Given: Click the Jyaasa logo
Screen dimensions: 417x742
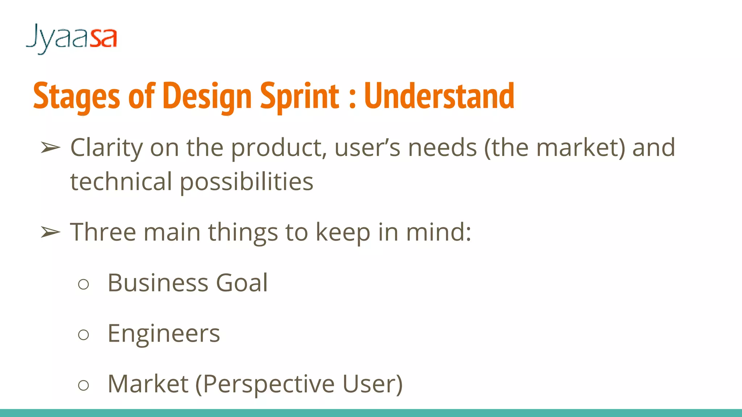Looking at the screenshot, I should [71, 38].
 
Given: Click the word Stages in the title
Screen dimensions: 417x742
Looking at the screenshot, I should [76, 96].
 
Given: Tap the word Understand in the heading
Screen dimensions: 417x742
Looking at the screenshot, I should [439, 96].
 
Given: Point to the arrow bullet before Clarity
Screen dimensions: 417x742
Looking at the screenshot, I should [50, 148].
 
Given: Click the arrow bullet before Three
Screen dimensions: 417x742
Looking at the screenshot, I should [50, 232].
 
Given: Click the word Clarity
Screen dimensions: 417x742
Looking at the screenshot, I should [107, 148].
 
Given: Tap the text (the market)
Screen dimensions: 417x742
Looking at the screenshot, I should [554, 148].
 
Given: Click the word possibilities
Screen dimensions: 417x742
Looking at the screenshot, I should [246, 182].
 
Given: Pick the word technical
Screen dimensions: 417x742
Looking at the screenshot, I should [121, 182].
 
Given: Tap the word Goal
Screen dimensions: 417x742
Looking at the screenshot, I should [242, 283].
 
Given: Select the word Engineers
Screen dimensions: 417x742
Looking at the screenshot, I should [164, 333].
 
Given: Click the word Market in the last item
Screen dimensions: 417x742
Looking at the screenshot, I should [148, 384].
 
